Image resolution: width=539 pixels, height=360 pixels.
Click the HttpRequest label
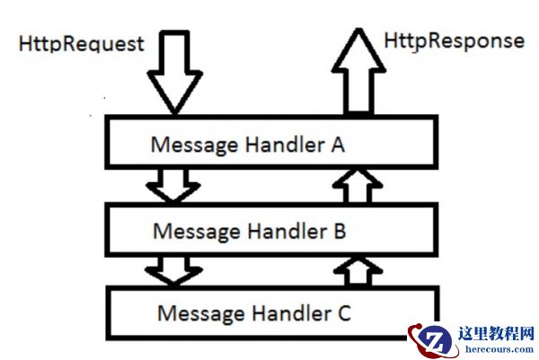[80, 43]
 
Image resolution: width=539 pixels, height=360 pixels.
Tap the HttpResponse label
[454, 40]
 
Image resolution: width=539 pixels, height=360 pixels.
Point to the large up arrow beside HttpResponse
[358, 72]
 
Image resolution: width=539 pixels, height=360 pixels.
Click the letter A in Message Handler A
[337, 145]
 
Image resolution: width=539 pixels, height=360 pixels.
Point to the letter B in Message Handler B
[339, 231]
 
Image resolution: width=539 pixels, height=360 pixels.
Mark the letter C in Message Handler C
[343, 313]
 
